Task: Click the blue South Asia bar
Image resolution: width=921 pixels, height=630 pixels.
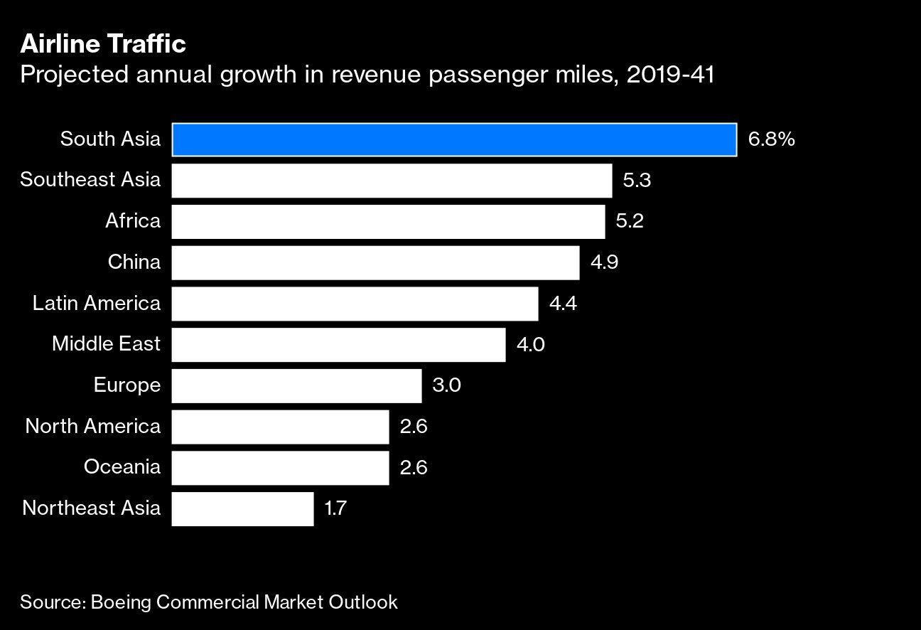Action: (453, 139)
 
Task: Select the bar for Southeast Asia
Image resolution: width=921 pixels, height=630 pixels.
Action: (392, 181)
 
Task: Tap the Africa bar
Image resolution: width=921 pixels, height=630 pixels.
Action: (388, 222)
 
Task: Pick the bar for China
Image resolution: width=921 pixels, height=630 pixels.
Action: (375, 262)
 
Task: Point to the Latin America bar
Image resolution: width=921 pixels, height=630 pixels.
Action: (355, 304)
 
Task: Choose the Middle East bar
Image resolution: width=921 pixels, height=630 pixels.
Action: (338, 345)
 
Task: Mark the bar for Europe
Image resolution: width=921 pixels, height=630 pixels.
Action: (296, 385)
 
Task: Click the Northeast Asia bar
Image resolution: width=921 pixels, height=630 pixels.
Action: (242, 509)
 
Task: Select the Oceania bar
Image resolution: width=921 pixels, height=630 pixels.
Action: (280, 468)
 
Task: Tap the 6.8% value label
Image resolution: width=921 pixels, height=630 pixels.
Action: (771, 139)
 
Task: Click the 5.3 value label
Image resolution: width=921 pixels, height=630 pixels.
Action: (637, 181)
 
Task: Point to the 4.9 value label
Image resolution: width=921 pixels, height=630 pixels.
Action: (604, 262)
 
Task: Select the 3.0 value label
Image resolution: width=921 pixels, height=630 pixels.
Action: (446, 385)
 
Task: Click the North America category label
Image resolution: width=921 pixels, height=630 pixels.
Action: (92, 427)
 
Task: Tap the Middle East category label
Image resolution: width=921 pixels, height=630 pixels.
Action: (106, 345)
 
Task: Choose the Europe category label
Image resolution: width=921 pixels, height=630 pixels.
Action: (126, 385)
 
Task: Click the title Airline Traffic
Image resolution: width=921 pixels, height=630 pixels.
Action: (103, 44)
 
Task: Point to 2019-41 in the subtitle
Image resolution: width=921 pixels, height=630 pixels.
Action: (671, 74)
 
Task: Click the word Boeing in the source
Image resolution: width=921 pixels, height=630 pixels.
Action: (121, 602)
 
